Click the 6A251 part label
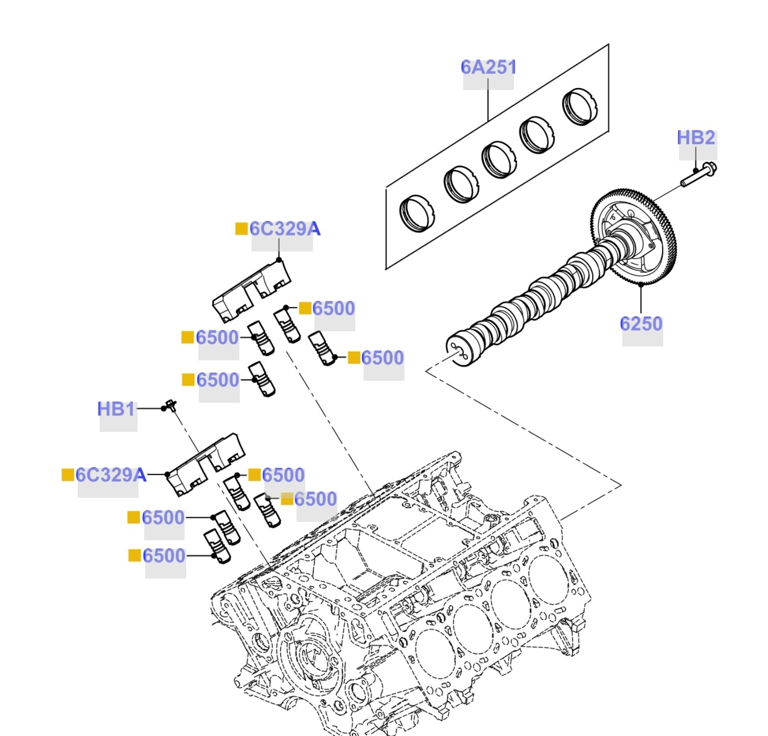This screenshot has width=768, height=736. pos(488,67)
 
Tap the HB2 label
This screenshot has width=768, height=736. pos(696,138)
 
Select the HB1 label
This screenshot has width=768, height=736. pos(117,409)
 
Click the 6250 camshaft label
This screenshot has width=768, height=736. pos(641,324)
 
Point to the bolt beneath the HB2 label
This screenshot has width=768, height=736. pos(699,174)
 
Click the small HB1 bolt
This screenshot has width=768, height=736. pos(171,406)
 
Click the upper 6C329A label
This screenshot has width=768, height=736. pos(285,229)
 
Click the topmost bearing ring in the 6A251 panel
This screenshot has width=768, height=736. pos(580,106)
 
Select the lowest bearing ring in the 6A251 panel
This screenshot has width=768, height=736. pos(417,213)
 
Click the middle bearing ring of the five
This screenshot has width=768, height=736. pos(499,159)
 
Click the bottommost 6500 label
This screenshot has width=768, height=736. pos(164,556)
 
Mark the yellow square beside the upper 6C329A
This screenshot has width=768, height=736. pos(241,229)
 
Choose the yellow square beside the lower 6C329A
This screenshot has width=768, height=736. pos(67,475)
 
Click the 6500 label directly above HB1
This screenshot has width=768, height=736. pos(218,380)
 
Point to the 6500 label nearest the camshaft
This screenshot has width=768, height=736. pos(382,358)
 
